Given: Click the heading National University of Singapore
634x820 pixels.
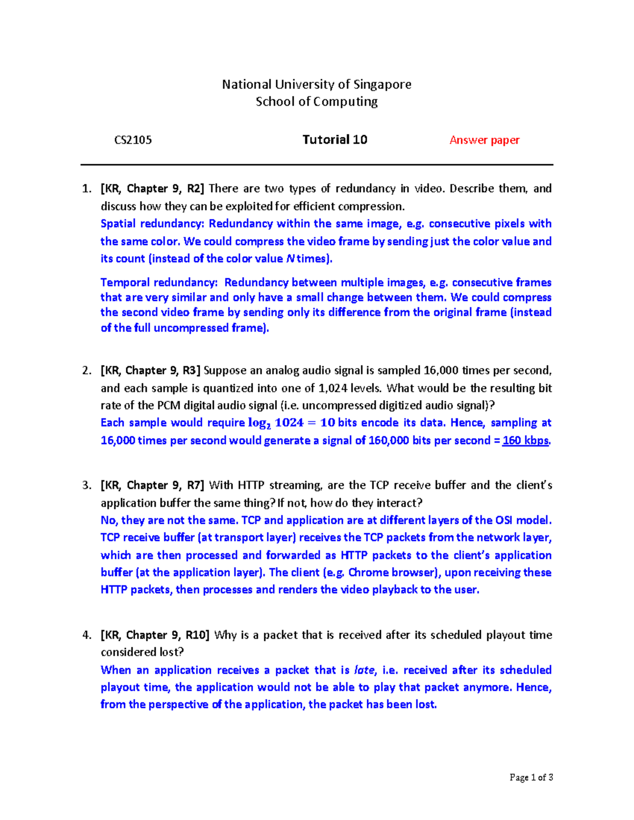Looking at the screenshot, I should tap(316, 84).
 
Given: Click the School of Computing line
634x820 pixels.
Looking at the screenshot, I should tap(316, 101).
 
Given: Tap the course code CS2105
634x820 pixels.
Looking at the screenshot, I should tap(133, 140).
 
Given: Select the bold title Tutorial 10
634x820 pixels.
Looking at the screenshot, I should tap(334, 139).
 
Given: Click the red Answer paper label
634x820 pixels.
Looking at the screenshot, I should tap(484, 140).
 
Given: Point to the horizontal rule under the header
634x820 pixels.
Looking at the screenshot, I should tap(316, 165).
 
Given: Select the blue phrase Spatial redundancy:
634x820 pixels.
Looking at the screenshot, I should tap(152, 223).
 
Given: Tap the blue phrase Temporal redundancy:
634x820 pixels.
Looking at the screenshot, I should tap(158, 282).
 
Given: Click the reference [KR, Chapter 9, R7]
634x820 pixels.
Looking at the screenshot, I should tap(152, 485).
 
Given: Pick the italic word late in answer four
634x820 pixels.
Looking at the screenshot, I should tap(363, 670).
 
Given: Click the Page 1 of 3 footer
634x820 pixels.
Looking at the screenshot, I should tap(531, 777).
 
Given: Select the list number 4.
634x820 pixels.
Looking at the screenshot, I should tap(87, 635).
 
